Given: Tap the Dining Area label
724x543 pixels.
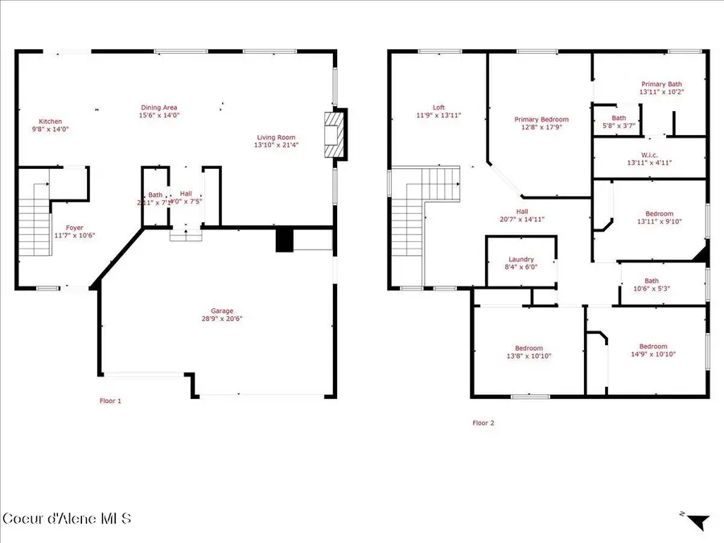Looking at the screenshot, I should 159,108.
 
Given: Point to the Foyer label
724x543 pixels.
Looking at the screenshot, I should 74,228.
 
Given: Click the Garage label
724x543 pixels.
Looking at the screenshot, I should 222,311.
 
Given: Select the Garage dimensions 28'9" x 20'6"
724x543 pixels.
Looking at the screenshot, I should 222,319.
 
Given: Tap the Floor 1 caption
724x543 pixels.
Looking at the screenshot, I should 110,401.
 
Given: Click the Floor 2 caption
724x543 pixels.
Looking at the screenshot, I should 483,422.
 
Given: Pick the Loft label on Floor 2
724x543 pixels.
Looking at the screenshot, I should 438,108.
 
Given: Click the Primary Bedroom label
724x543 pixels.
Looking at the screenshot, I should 541,120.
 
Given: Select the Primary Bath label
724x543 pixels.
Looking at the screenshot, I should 661,84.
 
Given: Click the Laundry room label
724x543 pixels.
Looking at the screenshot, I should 520,259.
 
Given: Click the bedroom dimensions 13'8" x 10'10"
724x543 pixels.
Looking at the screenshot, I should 529,356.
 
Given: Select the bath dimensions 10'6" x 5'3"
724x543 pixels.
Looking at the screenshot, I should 651,288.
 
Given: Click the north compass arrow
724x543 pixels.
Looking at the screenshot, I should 697,522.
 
